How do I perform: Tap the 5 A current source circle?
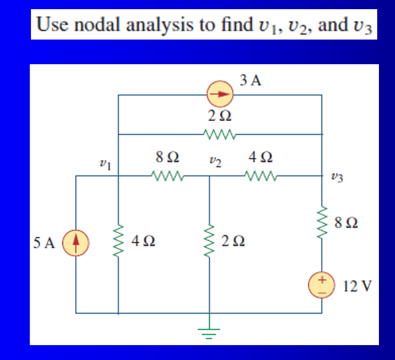76,242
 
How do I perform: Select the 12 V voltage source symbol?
322,285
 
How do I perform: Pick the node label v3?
338,178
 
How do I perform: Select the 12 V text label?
355,285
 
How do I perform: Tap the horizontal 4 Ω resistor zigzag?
261,175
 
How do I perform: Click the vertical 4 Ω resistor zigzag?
119,241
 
